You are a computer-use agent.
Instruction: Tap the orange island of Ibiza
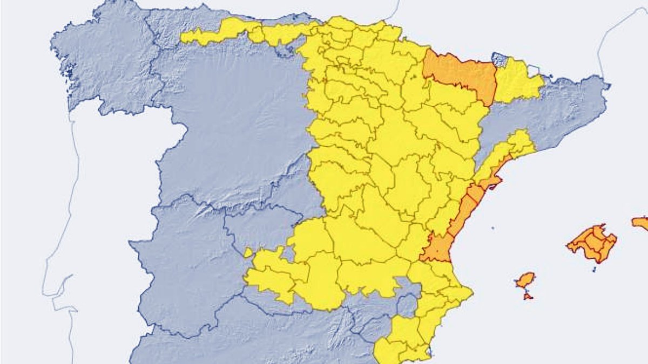(x=525, y=280)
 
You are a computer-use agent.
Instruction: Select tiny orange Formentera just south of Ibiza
(x=528, y=296)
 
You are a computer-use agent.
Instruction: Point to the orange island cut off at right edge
(x=641, y=223)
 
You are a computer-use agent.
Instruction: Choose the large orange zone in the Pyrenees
(x=460, y=74)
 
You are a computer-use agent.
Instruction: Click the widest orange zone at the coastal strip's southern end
(x=437, y=248)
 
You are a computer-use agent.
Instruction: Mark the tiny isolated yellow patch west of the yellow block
(x=248, y=252)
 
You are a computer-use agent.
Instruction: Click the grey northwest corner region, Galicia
(x=108, y=65)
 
